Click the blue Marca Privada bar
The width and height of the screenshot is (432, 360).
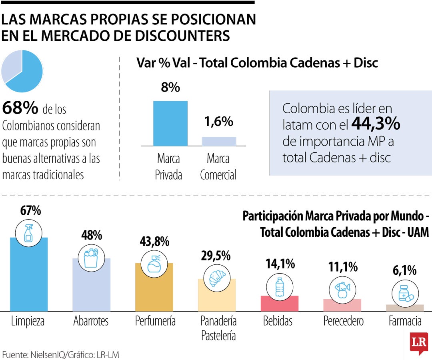pyautogui.click(x=170, y=123)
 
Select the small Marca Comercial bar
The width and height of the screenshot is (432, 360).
pyautogui.click(x=219, y=141)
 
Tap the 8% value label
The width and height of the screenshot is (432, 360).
pyautogui.click(x=170, y=88)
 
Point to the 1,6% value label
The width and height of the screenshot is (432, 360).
pyautogui.click(x=219, y=122)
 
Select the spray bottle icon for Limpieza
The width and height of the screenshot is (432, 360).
pyautogui.click(x=29, y=234)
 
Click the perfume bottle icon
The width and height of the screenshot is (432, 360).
pyautogui.click(x=154, y=264)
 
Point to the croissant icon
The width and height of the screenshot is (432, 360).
pyautogui.click(x=217, y=278)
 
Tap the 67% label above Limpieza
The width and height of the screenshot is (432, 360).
pyautogui.click(x=31, y=211)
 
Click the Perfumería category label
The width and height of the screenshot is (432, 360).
pyautogui.click(x=155, y=321)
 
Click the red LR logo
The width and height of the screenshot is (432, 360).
pyautogui.click(x=418, y=343)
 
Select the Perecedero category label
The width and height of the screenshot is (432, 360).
pyautogui.click(x=343, y=321)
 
